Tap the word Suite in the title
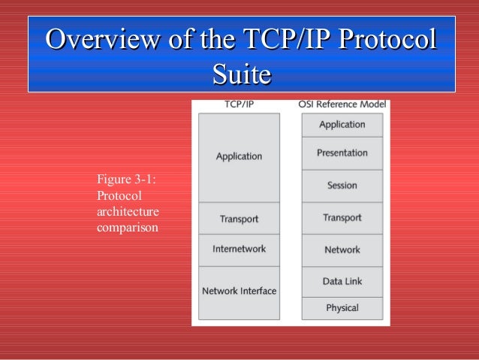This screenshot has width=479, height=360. pos(241,74)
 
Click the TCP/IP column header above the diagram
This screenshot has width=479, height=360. pos(239,106)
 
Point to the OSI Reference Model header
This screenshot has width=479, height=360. pos(342,106)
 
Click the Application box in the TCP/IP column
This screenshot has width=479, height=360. pos(239,157)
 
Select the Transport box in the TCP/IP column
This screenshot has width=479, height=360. pos(239,219)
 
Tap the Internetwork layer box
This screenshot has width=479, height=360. pos(239,250)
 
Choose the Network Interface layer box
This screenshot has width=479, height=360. pos(239,292)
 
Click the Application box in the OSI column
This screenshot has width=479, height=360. pos(342,125)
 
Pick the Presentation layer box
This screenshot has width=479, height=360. pos(342,153)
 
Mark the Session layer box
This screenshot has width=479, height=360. pos(342,186)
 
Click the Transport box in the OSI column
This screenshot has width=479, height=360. pos(342,218)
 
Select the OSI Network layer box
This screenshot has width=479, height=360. pos(342,250)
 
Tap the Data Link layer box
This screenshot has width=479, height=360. pos(342,281)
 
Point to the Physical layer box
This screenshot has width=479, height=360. pos(342,308)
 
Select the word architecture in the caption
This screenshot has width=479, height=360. pos(128,211)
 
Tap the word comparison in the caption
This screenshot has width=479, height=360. pos(128,227)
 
